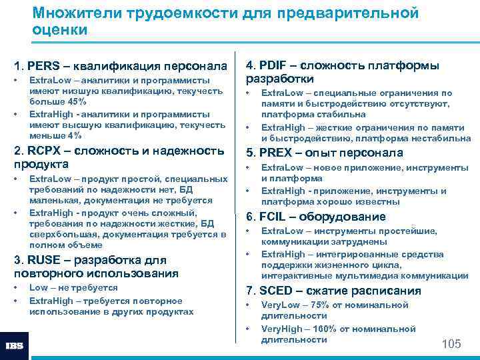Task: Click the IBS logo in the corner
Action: pos(15,346)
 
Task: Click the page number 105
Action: pos(451,344)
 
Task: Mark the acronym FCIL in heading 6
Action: pos(273,217)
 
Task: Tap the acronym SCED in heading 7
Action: pos(276,291)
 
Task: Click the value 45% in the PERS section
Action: pos(75,101)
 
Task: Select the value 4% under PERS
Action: pos(74,135)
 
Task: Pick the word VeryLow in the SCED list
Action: pos(280,305)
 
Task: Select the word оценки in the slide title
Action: pos(59,30)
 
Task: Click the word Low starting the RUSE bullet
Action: pos(39,288)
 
